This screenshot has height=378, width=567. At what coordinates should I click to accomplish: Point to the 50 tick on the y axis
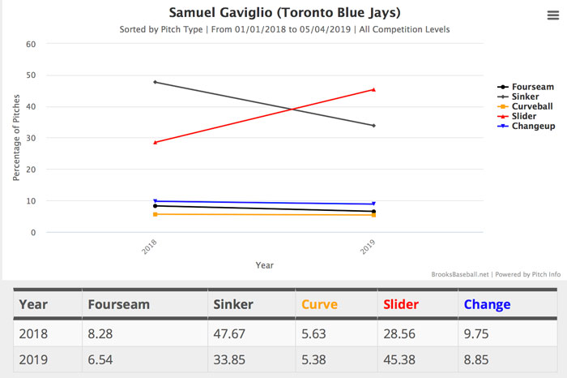(31, 75)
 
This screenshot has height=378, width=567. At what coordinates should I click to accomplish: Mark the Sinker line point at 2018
(155, 82)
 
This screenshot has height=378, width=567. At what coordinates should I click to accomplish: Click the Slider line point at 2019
(373, 89)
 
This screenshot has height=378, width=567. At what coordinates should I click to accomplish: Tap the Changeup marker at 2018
(155, 201)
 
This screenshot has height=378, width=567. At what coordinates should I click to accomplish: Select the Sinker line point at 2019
(373, 126)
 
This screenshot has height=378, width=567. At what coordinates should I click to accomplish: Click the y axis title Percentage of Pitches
(16, 138)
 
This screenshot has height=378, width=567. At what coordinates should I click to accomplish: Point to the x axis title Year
(264, 264)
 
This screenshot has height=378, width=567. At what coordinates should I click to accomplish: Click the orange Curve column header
(320, 305)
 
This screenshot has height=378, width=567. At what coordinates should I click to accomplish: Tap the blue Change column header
(487, 305)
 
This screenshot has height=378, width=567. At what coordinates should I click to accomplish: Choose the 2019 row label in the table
(34, 359)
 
